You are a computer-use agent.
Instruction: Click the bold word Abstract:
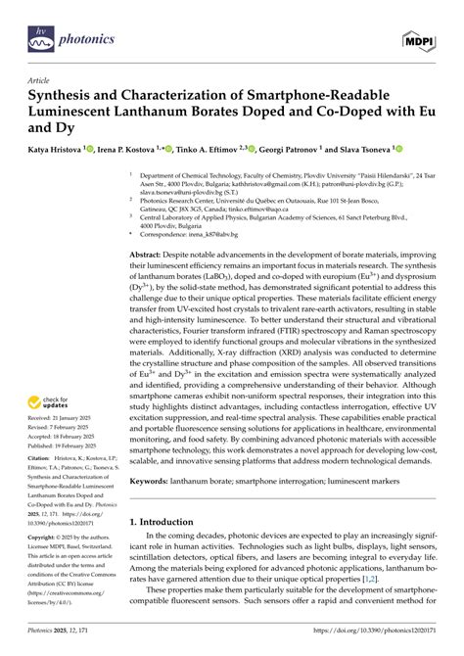(152, 254)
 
